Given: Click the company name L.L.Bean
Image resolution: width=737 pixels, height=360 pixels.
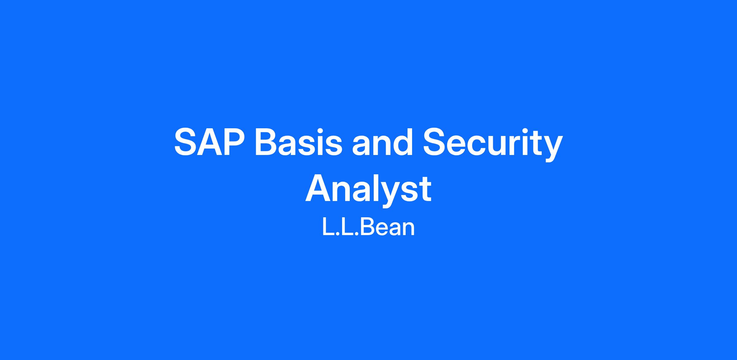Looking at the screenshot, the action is click(x=368, y=227).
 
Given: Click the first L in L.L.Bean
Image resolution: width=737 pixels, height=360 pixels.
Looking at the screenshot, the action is click(x=328, y=227).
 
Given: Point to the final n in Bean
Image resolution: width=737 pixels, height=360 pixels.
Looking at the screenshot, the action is click(x=409, y=230).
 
